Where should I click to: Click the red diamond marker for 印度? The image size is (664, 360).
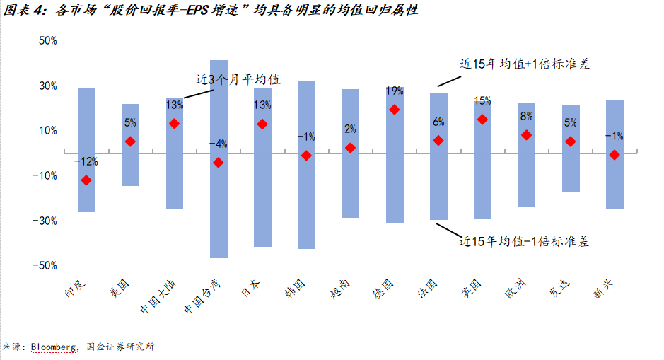[86, 180]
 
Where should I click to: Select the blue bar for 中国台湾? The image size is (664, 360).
[219, 212]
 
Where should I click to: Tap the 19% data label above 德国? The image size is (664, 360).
[395, 91]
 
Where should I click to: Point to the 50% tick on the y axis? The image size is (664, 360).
[48, 41]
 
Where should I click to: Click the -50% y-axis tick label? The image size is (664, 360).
[46, 265]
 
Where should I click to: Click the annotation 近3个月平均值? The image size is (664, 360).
[238, 79]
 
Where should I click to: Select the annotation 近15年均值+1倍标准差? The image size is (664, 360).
[524, 64]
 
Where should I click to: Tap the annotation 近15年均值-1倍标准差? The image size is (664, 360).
[524, 241]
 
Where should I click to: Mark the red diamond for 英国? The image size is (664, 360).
[482, 120]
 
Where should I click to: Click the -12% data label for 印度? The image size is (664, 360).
[86, 162]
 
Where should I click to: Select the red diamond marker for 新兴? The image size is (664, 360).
[615, 155]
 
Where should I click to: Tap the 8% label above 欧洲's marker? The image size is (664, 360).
[526, 117]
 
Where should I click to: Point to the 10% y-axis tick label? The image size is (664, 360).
[48, 131]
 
